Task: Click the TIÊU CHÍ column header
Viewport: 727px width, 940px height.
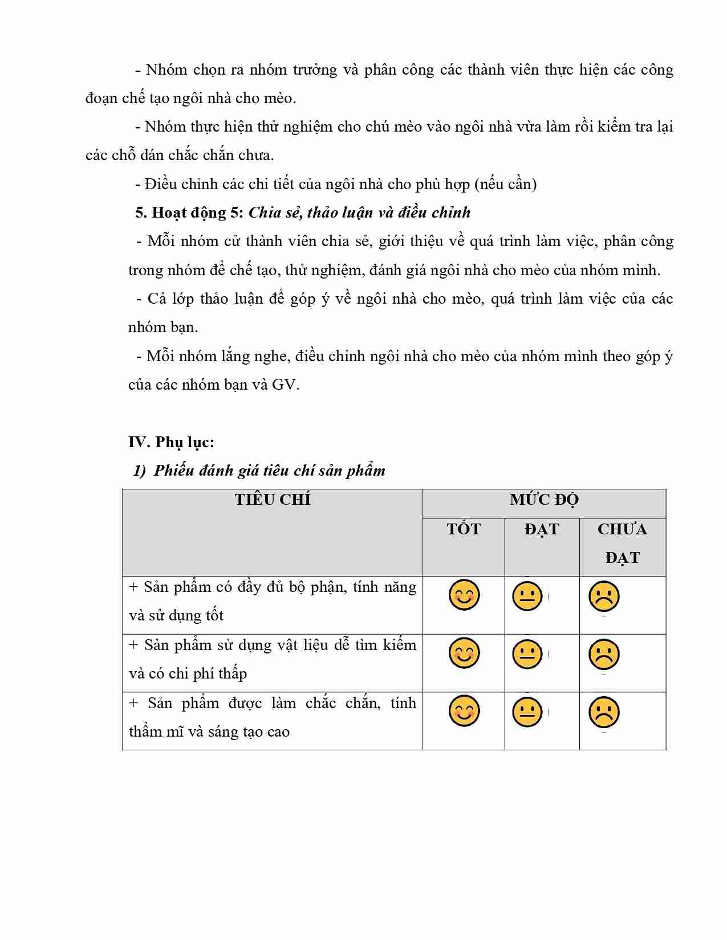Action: pos(273,500)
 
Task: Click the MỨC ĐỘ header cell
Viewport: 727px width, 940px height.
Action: pos(544,500)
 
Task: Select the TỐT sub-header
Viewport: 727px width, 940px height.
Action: pos(464,529)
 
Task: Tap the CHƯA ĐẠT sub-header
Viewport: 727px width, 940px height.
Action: pos(622,543)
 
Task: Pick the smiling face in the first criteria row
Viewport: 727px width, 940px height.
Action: pos(464,595)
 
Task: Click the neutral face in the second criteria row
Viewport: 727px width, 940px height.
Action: pos(527,654)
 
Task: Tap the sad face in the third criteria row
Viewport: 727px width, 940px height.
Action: pos(604,712)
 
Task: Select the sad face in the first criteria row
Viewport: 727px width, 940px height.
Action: pos(604,596)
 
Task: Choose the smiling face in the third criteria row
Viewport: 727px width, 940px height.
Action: pos(464,712)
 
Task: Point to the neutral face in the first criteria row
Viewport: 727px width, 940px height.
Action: pos(527,596)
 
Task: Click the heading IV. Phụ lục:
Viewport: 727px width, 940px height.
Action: pos(171,442)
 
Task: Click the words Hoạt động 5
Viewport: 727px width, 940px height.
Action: pos(189,212)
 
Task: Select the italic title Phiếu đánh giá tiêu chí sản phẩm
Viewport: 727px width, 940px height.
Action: pos(269,471)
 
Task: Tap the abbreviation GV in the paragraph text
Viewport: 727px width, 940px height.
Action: pos(285,385)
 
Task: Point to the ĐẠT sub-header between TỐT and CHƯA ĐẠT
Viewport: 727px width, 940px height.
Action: pos(541,529)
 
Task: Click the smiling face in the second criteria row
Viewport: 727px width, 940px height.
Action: pos(464,653)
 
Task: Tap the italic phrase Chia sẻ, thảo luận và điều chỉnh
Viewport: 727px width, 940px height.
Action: pos(359,212)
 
